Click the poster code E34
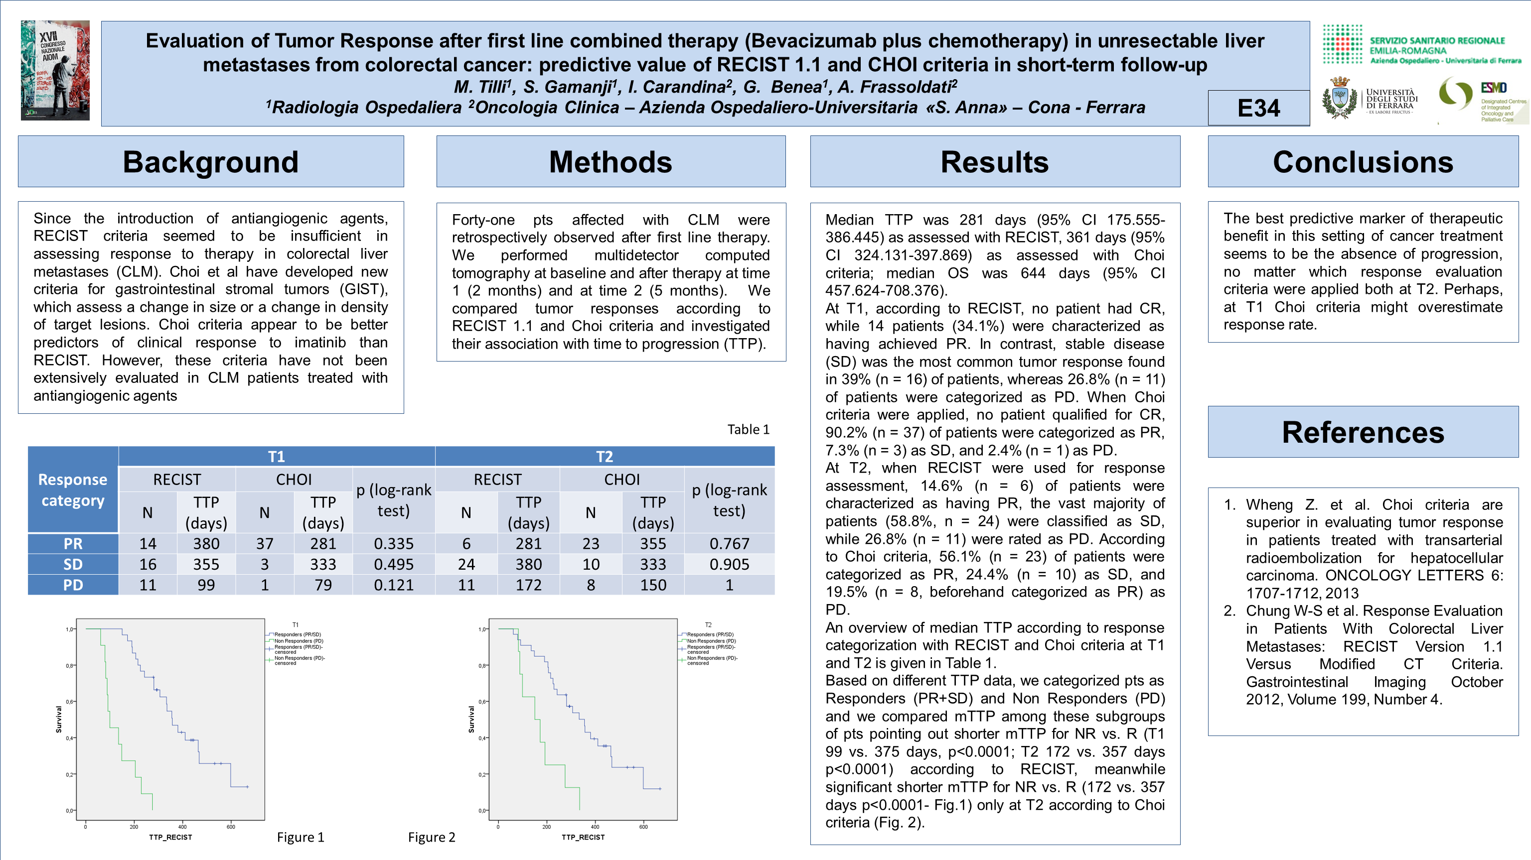[1258, 108]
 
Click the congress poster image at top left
[55, 70]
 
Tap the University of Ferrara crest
[1339, 99]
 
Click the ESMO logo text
[1493, 88]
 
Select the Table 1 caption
[748, 429]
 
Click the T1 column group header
[277, 456]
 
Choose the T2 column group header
[604, 456]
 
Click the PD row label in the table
[73, 585]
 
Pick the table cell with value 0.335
[393, 543]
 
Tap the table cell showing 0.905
[729, 564]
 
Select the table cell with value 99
[206, 585]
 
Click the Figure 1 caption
[300, 837]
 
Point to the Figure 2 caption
[432, 837]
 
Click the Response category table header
[73, 490]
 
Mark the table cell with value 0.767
[729, 543]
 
